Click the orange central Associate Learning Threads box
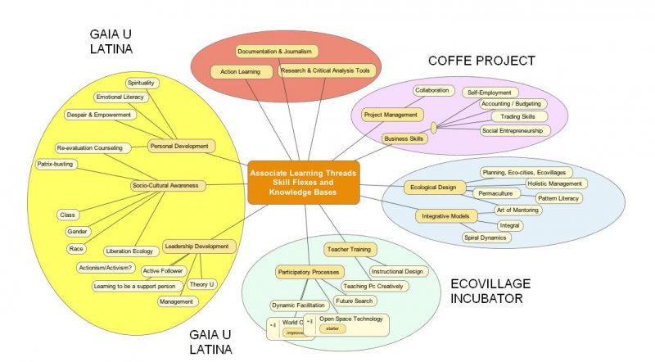[x=303, y=181]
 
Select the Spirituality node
[x=142, y=83]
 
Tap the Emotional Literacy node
[x=121, y=97]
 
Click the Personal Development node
[x=181, y=146]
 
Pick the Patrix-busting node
[x=56, y=164]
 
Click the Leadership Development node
[x=196, y=246]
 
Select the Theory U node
[x=201, y=284]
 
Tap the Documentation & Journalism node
[x=274, y=52]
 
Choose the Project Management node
[x=391, y=115]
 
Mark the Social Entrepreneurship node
[x=515, y=130]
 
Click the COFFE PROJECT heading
[x=481, y=61]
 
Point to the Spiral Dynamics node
[x=484, y=238]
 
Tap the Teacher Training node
[x=349, y=248]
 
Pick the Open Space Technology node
[x=350, y=319]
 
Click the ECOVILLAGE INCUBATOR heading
[x=490, y=291]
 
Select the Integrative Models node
[x=445, y=216]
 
